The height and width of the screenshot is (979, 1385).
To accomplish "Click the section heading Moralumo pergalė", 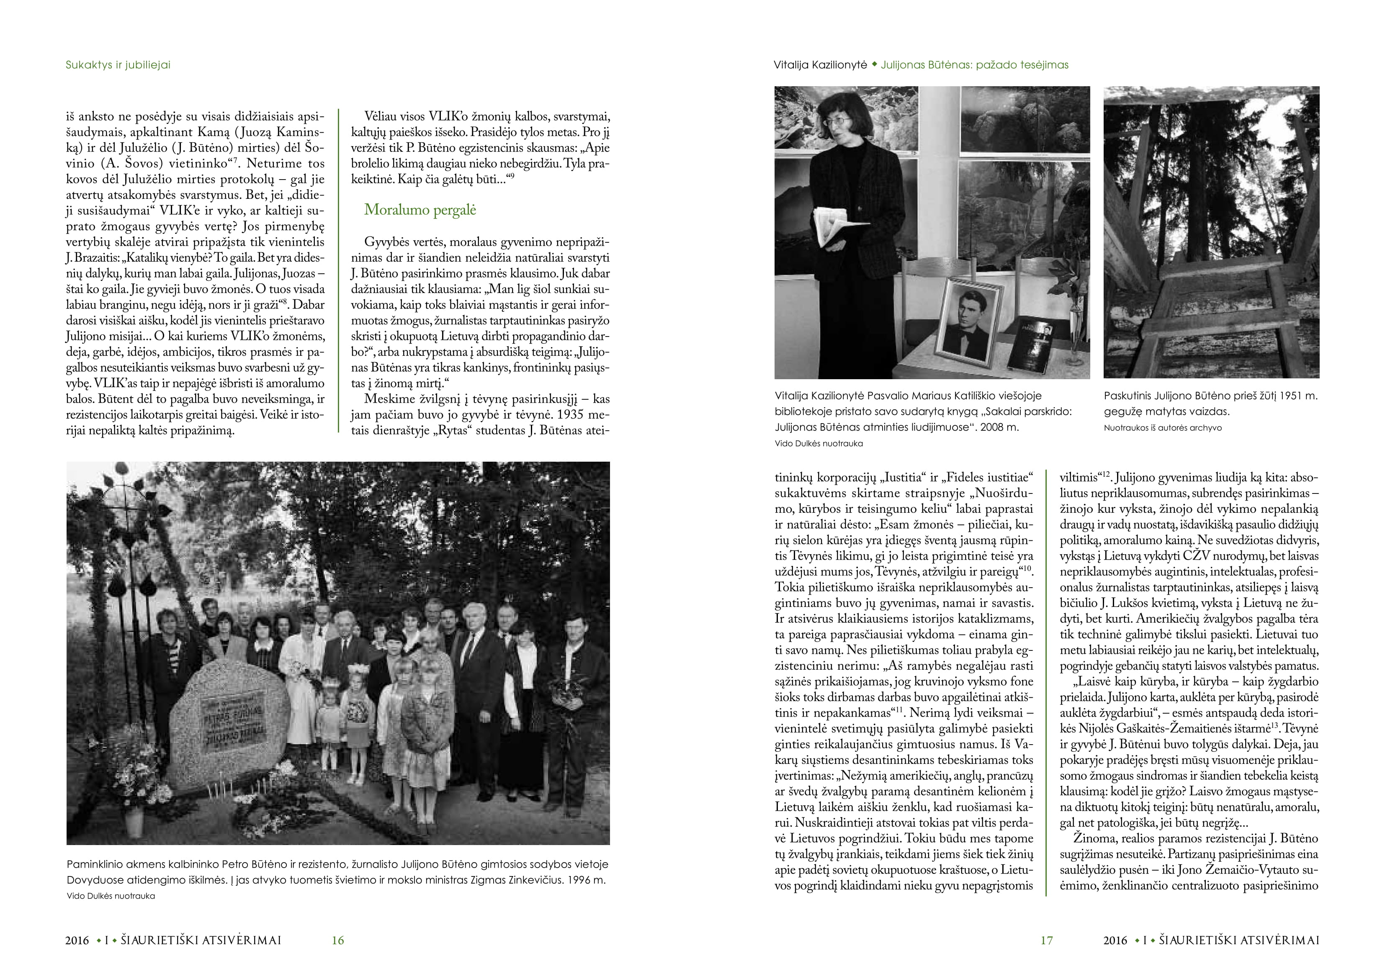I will (420, 210).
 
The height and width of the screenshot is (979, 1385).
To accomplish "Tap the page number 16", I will (338, 940).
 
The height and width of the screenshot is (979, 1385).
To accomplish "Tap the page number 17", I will (1047, 940).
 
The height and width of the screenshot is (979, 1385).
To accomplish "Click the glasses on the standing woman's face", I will (833, 120).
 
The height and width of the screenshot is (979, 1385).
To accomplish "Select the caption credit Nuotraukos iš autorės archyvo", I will (1162, 428).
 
